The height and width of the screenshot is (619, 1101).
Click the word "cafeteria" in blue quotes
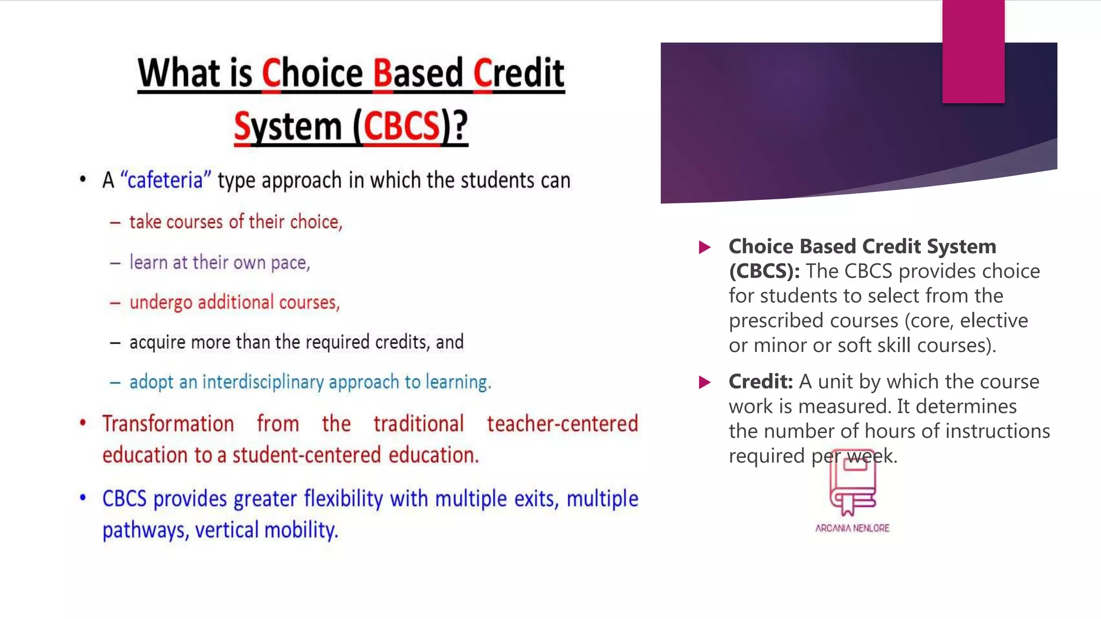tap(165, 180)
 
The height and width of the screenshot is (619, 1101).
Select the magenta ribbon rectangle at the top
tap(973, 51)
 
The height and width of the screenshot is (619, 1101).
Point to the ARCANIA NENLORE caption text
tap(852, 528)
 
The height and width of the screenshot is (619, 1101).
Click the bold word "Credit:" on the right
tap(760, 382)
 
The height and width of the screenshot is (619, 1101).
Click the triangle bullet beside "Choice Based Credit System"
tap(705, 247)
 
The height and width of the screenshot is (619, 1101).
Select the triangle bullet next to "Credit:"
tap(705, 383)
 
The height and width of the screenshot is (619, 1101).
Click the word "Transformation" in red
tap(168, 424)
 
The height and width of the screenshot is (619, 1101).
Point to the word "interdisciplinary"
tap(263, 382)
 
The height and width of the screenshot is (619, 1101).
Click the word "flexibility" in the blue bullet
tap(343, 499)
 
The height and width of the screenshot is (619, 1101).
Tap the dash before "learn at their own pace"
tap(115, 263)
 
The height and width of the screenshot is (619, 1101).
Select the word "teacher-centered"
tap(562, 424)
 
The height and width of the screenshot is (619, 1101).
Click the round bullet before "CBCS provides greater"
tap(83, 498)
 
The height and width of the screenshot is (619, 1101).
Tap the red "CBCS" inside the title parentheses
tap(402, 126)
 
